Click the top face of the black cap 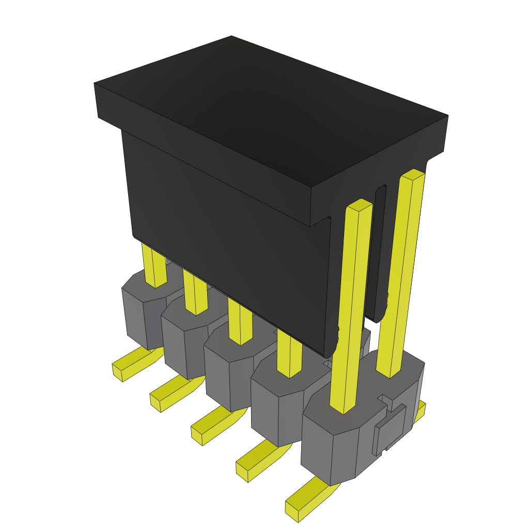(269, 108)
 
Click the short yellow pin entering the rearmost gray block (154, 266)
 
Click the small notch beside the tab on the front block (385, 399)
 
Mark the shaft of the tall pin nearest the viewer (351, 310)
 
